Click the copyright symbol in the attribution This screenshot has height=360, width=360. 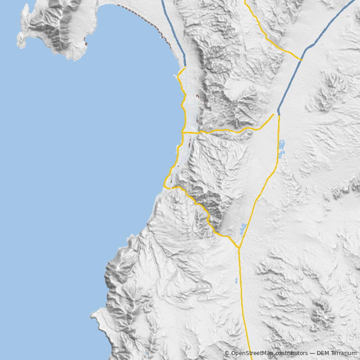[x=227, y=353]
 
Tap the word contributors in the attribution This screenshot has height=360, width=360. [x=290, y=353]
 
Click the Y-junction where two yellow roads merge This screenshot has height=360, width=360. [x=239, y=248]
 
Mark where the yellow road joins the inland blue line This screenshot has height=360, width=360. [x=301, y=60]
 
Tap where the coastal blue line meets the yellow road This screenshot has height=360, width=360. [x=185, y=67]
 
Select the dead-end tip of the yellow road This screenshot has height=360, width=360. [x=273, y=114]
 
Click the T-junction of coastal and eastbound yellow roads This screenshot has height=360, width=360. [x=183, y=133]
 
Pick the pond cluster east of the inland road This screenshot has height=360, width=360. [x=281, y=148]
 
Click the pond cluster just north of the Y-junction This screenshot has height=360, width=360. [x=243, y=229]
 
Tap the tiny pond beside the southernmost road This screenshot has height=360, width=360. [x=236, y=281]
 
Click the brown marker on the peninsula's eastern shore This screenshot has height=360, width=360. [x=86, y=44]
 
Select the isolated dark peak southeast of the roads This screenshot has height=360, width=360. [x=322, y=310]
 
